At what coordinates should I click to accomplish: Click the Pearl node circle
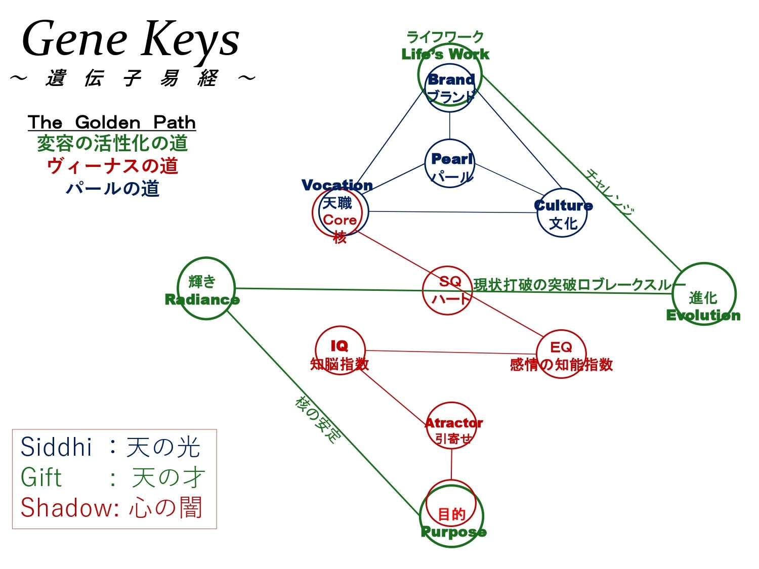[450, 163]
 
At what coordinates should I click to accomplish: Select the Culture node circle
[561, 213]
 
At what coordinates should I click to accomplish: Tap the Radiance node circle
[206, 288]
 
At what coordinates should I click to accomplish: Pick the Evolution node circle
[703, 294]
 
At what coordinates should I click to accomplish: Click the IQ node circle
[340, 351]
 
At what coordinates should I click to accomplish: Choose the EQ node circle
[561, 354]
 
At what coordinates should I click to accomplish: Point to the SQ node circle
[447, 290]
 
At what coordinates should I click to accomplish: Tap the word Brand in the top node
[451, 79]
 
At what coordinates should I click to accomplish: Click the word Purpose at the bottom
[453, 532]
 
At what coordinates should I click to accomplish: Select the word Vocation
[337, 185]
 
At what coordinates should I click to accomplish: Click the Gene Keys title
[131, 39]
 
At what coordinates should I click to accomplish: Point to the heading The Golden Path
[112, 122]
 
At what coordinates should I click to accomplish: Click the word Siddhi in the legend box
[56, 447]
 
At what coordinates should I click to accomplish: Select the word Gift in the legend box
[41, 477]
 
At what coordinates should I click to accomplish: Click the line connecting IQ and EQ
[450, 353]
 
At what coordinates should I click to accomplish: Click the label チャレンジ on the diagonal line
[609, 192]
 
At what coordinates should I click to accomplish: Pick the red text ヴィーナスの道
[112, 166]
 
